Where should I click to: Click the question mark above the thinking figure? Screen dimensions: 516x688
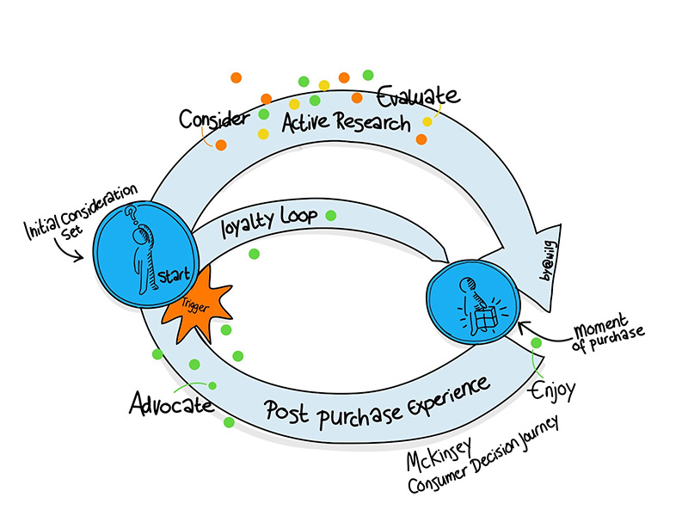click(x=131, y=214)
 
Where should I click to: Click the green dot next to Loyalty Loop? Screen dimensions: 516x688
click(x=331, y=215)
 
